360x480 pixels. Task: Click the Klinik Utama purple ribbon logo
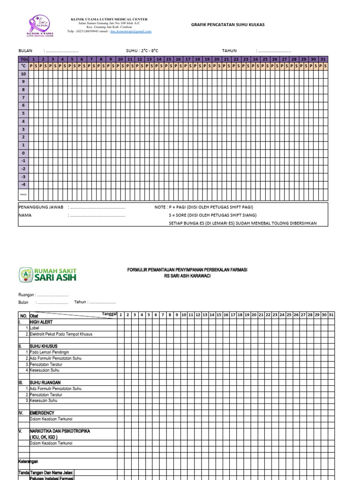point(40,26)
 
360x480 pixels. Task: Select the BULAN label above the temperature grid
point(25,51)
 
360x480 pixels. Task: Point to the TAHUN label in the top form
point(229,51)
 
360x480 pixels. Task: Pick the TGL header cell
point(23,60)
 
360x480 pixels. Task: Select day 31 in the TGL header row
point(323,60)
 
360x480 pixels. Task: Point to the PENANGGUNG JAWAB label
point(40,207)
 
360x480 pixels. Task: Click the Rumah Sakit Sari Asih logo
point(48,275)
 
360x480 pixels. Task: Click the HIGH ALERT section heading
point(41,322)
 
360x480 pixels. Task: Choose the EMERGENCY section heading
point(42,413)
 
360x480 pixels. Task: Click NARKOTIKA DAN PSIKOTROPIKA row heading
point(60,431)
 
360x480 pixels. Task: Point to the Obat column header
point(34,315)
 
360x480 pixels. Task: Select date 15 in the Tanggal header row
point(219,315)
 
